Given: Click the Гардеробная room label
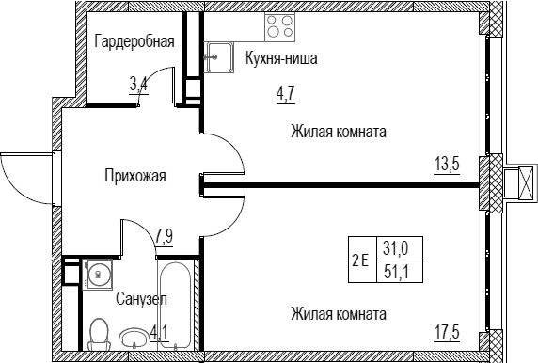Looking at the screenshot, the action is click(x=134, y=41).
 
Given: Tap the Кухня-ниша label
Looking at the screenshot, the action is click(x=281, y=58).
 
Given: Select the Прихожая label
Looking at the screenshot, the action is click(x=135, y=176).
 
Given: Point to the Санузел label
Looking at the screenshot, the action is click(x=141, y=299).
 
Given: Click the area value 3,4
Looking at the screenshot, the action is click(x=138, y=85).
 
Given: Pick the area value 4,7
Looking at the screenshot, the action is click(x=286, y=93).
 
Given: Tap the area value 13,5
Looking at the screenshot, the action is click(x=448, y=165).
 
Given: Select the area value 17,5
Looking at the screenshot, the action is click(x=448, y=333).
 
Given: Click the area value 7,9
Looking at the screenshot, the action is click(x=164, y=236).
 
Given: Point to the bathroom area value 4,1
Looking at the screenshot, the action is click(x=160, y=333).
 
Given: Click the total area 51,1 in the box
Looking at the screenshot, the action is click(x=399, y=273).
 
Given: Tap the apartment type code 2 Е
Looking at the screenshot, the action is click(x=360, y=260).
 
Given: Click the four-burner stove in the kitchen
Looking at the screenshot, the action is click(x=279, y=26).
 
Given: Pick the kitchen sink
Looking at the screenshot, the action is click(x=219, y=57).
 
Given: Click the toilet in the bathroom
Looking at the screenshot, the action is click(x=99, y=334).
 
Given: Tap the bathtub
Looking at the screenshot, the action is click(x=174, y=306).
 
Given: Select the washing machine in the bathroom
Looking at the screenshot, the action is click(x=98, y=275).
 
